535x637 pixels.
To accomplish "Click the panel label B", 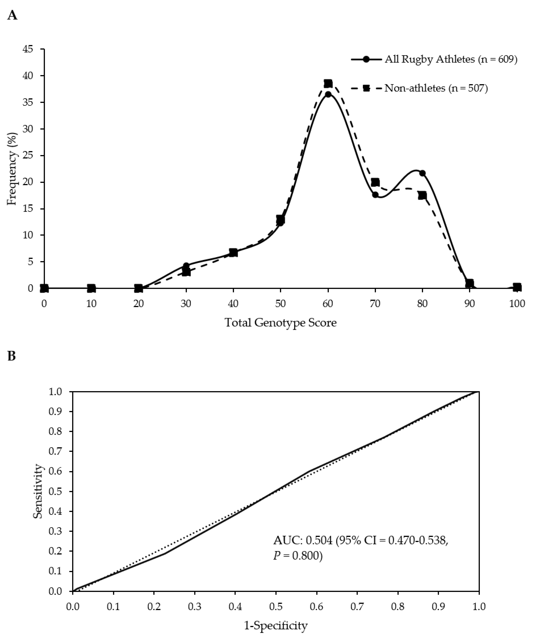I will [11, 356].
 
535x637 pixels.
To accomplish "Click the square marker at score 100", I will [517, 287].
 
